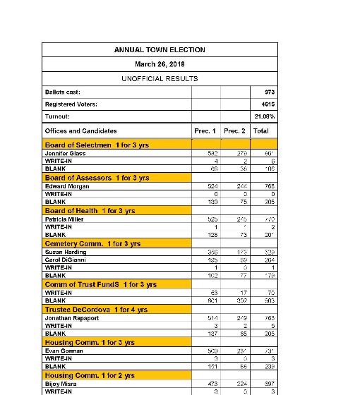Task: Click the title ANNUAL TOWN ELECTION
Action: point(160,50)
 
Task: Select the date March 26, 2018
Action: point(160,64)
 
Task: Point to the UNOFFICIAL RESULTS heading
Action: point(160,79)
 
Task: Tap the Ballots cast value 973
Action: point(269,92)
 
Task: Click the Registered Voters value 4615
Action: point(268,104)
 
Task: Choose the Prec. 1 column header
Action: point(205,130)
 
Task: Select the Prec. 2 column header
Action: point(234,130)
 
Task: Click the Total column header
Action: point(261,130)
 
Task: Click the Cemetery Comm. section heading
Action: point(92,243)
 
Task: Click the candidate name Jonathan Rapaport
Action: point(71,318)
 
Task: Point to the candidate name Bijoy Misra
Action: point(61,384)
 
